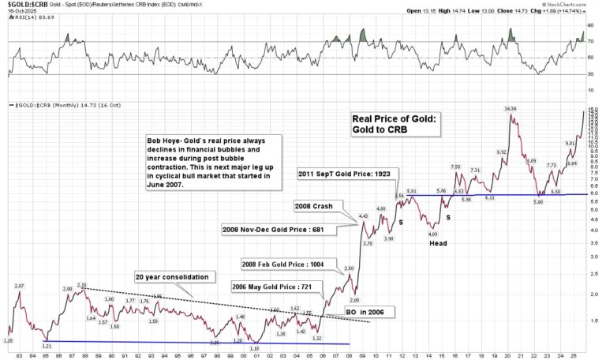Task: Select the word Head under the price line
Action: click(439, 243)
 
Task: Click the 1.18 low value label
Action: click(254, 348)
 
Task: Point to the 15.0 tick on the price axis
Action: click(593, 109)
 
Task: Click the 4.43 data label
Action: click(363, 216)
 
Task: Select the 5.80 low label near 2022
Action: click(539, 202)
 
